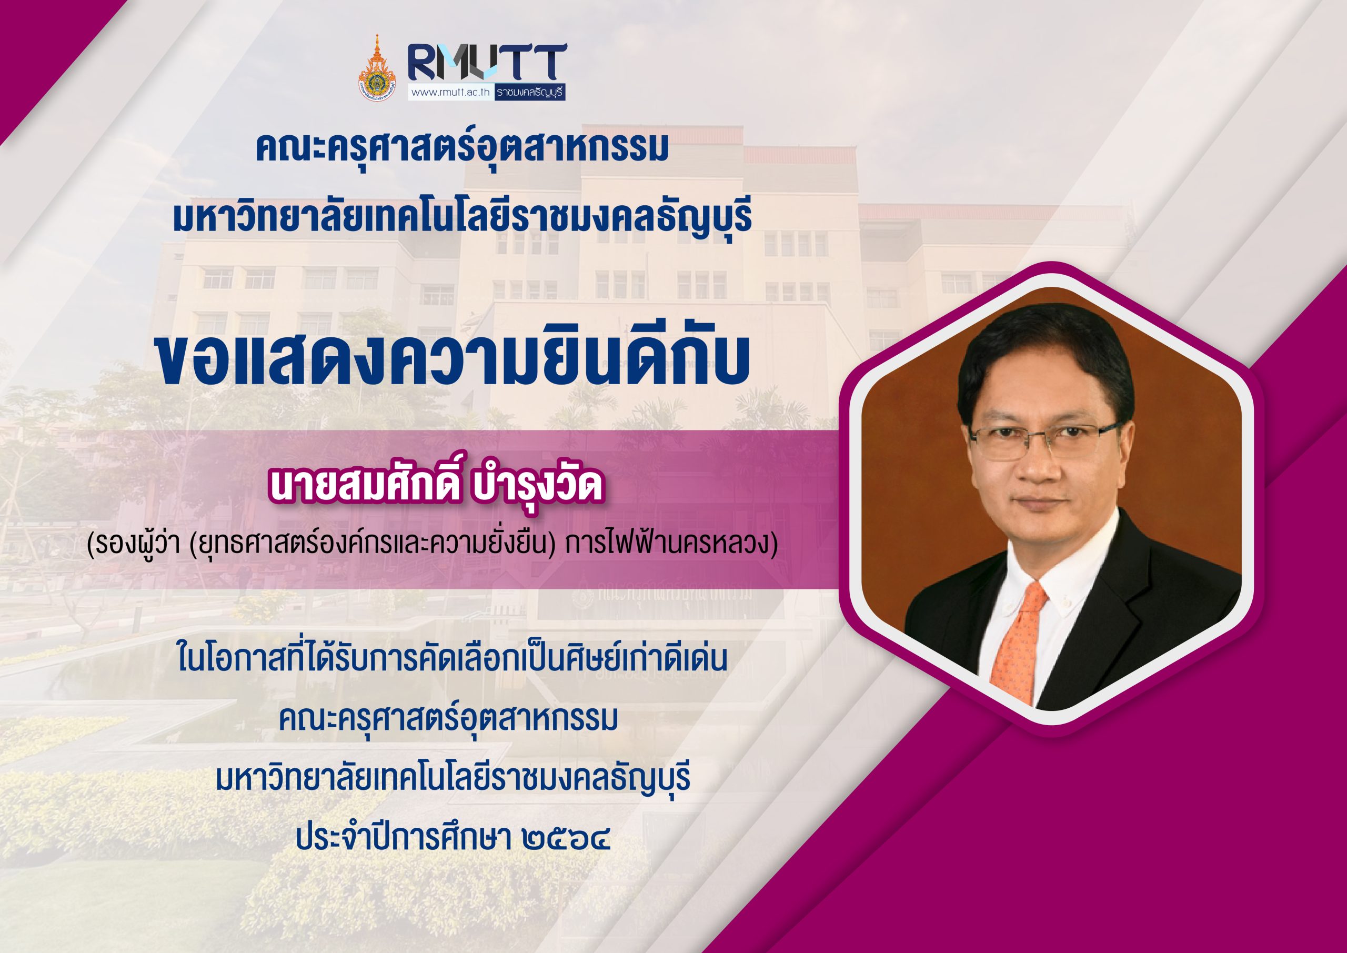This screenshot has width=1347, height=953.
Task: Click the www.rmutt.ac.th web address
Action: point(451,92)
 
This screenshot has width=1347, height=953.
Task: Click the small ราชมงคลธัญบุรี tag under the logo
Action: point(530,92)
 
